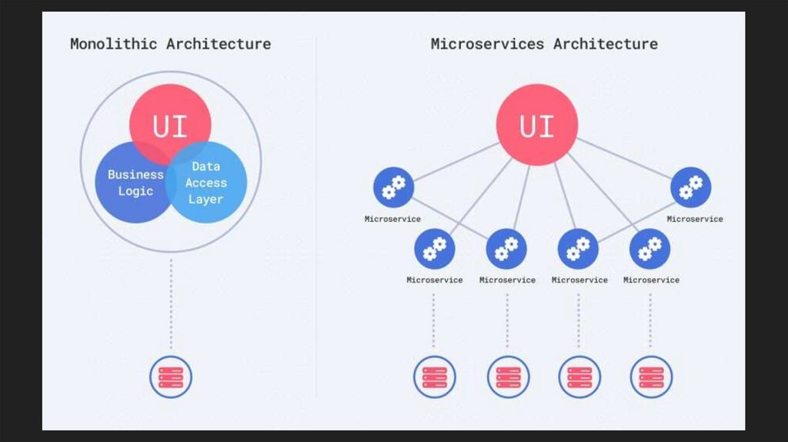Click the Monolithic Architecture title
[x=170, y=44]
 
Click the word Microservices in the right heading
[x=488, y=44]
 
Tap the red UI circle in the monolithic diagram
[x=170, y=123]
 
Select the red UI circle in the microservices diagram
[x=536, y=125]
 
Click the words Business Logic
[x=135, y=182]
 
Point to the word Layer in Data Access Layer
[x=205, y=199]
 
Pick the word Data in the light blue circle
[x=205, y=166]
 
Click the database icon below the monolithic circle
[x=170, y=377]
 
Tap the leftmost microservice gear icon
[x=393, y=188]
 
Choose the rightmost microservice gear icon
[x=690, y=188]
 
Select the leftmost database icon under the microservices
[x=434, y=377]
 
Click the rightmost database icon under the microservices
[x=651, y=377]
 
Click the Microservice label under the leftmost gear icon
[x=392, y=219]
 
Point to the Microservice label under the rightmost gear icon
[x=695, y=219]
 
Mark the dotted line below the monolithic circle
[x=170, y=304]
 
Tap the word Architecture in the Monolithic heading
[x=219, y=44]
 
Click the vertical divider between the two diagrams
[x=316, y=231]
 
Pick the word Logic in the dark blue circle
[x=135, y=191]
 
